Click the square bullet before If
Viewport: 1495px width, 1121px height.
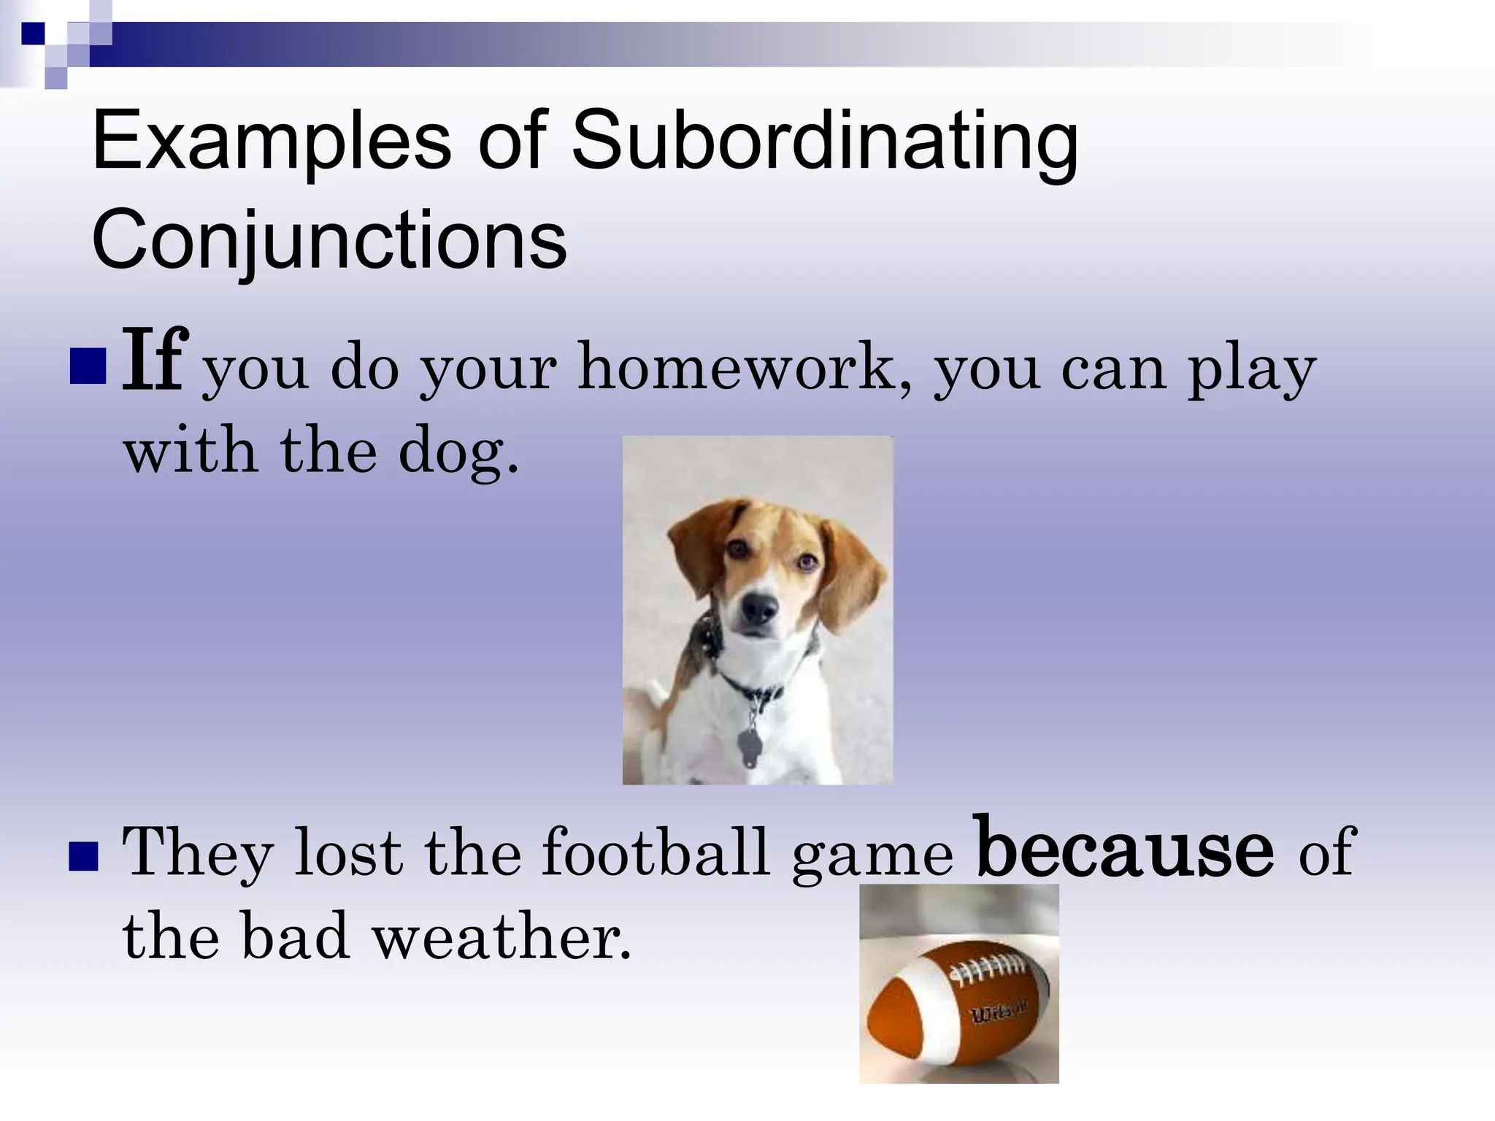click(x=88, y=367)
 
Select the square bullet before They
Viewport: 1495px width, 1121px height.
click(x=83, y=858)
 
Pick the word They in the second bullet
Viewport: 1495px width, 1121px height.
click(x=197, y=852)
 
